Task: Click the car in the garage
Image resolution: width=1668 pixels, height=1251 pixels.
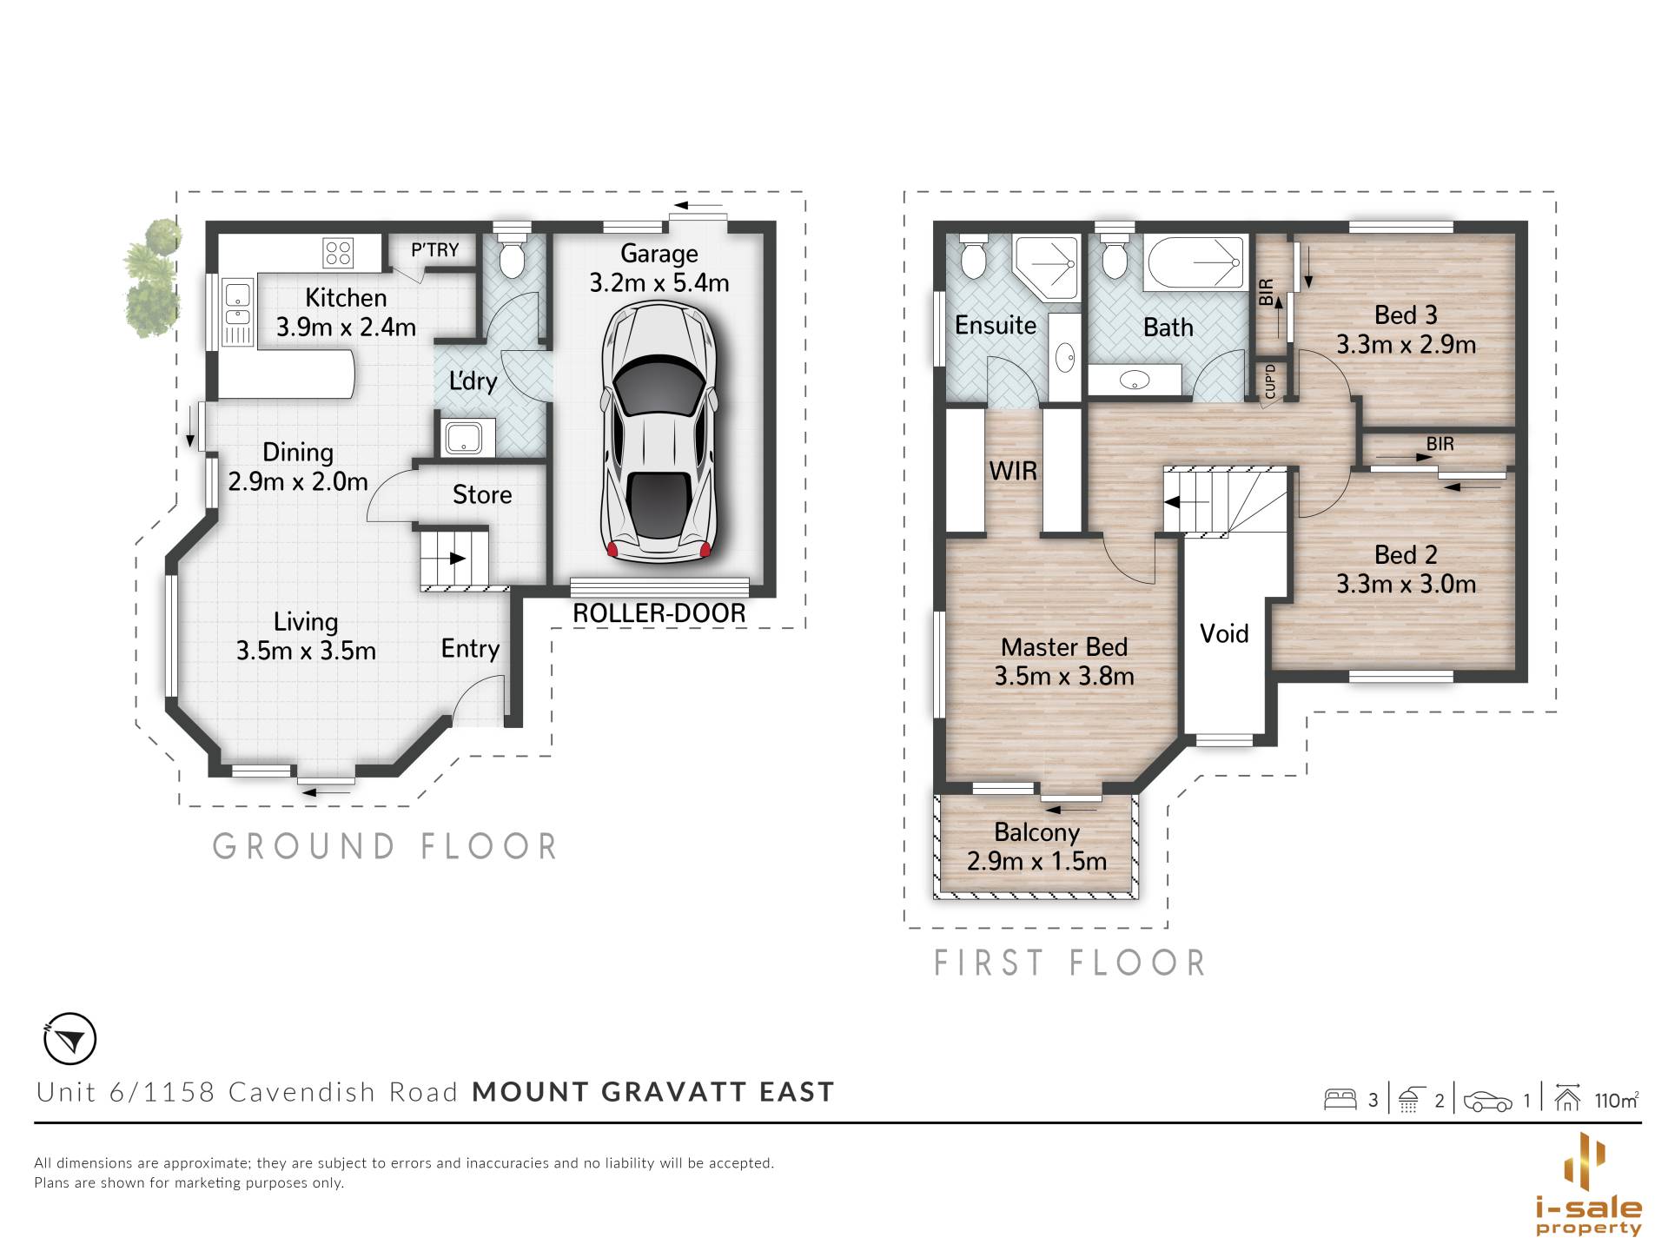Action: [659, 432]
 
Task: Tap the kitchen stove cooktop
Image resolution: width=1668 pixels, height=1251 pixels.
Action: [338, 253]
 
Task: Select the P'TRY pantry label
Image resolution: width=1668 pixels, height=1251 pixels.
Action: [434, 250]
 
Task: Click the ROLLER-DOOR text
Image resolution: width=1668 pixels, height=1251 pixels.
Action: [659, 613]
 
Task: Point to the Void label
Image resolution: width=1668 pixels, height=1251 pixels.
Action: [1224, 633]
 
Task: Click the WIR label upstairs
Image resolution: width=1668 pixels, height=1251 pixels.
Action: [1013, 471]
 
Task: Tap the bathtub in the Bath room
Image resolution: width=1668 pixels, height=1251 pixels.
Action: [1195, 262]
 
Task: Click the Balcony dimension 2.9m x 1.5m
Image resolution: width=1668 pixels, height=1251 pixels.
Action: [1036, 861]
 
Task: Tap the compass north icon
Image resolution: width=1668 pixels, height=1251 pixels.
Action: [69, 1038]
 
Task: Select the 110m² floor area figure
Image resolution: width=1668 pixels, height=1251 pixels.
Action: [1616, 1101]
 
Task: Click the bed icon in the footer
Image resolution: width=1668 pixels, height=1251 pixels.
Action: [1340, 1100]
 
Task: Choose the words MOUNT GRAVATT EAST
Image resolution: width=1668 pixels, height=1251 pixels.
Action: [653, 1092]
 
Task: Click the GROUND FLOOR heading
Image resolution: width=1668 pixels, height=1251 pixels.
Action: [385, 846]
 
